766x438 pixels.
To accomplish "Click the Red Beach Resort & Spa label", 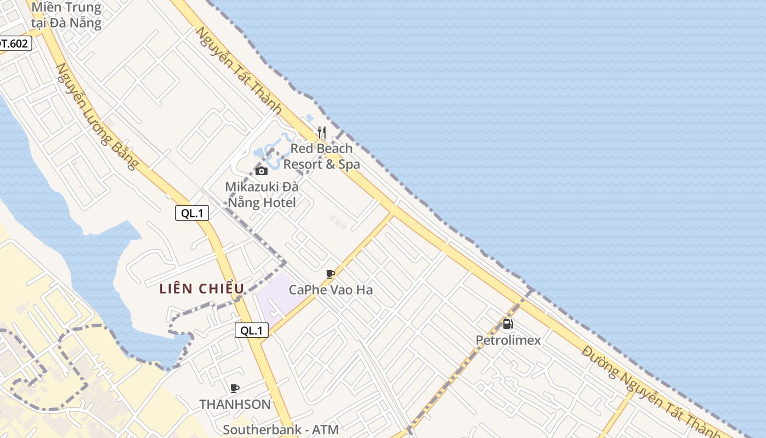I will [322, 156].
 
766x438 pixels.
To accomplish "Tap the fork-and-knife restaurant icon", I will [322, 132].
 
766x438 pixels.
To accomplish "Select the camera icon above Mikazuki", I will [262, 171].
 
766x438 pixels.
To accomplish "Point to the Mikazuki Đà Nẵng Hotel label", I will [261, 194].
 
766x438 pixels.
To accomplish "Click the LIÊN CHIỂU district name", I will [202, 289].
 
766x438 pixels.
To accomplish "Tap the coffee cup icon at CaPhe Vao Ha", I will [330, 274].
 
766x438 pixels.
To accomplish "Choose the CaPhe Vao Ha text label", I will [330, 290].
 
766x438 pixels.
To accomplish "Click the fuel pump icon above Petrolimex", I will [508, 324].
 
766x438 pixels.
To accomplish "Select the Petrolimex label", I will [508, 340].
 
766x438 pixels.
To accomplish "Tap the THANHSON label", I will [235, 404].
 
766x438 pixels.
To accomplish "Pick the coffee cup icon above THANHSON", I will [235, 389].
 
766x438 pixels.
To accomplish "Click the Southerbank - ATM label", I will [281, 429].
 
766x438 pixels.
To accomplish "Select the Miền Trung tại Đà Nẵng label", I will [66, 15].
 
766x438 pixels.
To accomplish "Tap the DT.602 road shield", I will [13, 43].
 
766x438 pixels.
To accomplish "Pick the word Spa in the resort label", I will [349, 164].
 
